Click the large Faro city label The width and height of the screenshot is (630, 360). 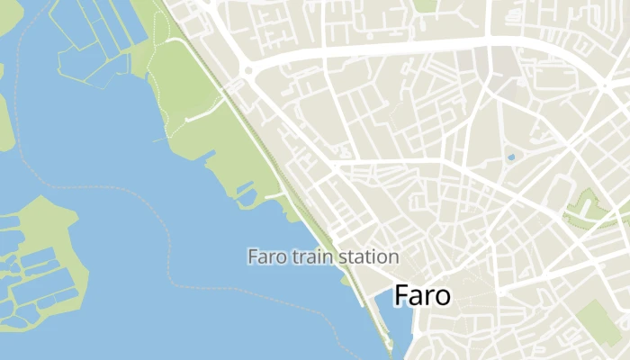click(x=422, y=295)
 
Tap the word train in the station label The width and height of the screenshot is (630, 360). click(x=310, y=256)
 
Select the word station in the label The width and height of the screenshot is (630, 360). click(x=365, y=256)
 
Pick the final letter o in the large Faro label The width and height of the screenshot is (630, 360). click(x=442, y=298)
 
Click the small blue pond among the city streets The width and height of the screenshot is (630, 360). click(x=511, y=157)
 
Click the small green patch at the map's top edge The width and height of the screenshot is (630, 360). click(x=425, y=4)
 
